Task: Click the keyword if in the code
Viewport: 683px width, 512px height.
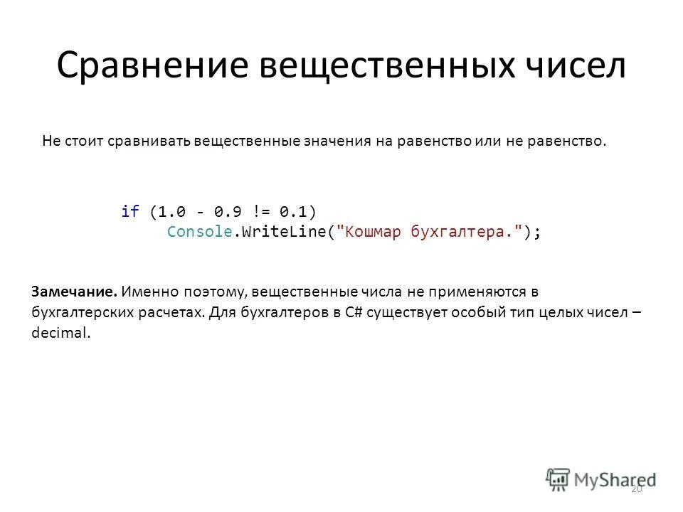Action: point(129,211)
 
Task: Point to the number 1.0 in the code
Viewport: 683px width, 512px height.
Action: point(171,211)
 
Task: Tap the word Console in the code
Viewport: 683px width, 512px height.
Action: point(199,232)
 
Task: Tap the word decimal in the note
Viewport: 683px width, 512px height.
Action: point(61,332)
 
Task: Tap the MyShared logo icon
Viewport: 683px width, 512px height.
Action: point(558,478)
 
